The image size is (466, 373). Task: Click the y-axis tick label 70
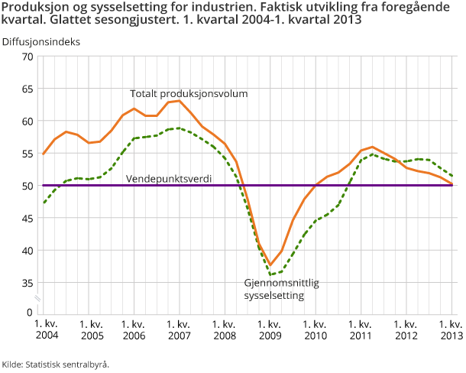coord(27,57)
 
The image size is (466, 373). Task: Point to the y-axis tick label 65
coord(27,89)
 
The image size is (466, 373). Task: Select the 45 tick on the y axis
coord(27,218)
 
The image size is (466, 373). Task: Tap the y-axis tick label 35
coord(27,283)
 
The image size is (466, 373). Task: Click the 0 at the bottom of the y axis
coord(30,312)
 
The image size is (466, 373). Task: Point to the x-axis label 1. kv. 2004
coord(46,330)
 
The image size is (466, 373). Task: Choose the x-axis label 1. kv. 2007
coord(180,330)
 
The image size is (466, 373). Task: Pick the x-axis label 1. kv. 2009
coord(270,330)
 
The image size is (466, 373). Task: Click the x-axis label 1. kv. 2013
coord(451,330)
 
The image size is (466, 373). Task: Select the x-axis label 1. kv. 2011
coord(361,330)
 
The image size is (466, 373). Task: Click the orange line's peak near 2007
coord(180,100)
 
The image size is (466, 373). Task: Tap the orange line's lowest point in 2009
coord(270,265)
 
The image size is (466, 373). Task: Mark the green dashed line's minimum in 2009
coord(271,274)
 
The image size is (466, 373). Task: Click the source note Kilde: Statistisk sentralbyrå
coord(56,364)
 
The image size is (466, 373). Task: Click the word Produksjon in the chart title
coord(31,7)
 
